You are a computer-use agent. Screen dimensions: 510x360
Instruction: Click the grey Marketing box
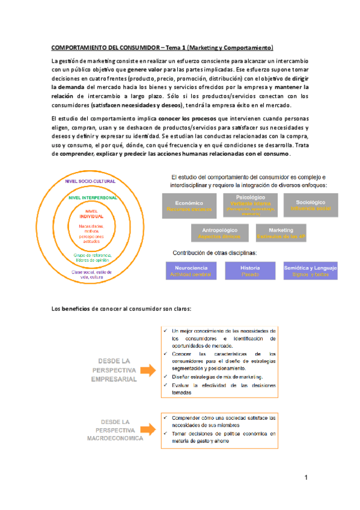tap(281, 233)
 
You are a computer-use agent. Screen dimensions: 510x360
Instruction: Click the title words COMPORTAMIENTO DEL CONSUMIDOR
tap(107, 47)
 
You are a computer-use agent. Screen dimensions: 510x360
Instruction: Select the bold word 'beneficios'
tap(77, 310)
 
